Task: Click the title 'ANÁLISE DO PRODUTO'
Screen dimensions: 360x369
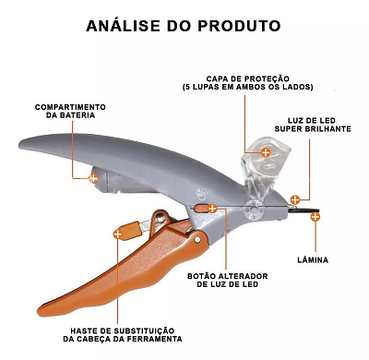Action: [184, 24]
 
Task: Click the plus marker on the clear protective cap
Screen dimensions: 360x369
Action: [265, 151]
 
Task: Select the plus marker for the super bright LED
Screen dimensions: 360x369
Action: [295, 198]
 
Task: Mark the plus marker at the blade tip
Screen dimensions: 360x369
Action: [315, 217]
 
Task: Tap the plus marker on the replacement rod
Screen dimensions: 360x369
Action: [117, 234]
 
